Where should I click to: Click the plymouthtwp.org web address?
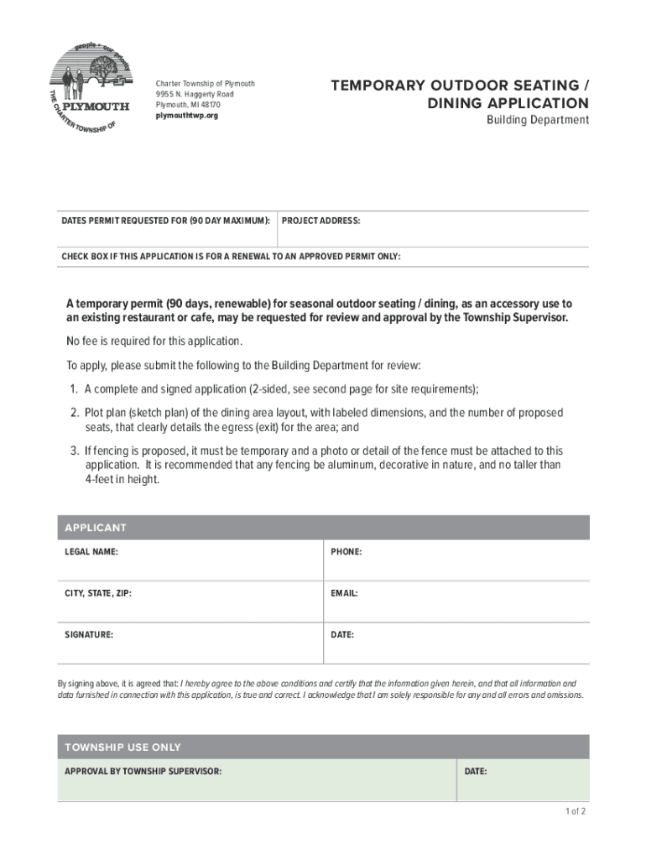(186, 115)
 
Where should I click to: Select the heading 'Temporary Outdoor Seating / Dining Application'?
(459, 94)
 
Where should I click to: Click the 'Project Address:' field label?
(320, 221)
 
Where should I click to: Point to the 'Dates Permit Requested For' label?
(165, 221)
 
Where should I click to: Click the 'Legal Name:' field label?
(91, 552)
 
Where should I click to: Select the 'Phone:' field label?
(346, 552)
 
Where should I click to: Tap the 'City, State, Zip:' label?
(98, 593)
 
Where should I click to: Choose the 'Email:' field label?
(344, 593)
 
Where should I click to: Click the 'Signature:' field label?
(89, 635)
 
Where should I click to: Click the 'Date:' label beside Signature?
(342, 635)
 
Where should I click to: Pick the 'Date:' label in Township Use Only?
(475, 771)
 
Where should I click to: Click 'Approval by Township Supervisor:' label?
(143, 771)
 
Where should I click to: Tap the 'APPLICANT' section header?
(96, 528)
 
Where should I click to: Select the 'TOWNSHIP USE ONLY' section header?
(122, 747)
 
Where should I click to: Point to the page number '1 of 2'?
(575, 812)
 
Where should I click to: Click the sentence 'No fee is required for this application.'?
(154, 341)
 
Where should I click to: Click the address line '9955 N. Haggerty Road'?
(195, 94)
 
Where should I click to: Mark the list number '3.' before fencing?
(75, 450)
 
